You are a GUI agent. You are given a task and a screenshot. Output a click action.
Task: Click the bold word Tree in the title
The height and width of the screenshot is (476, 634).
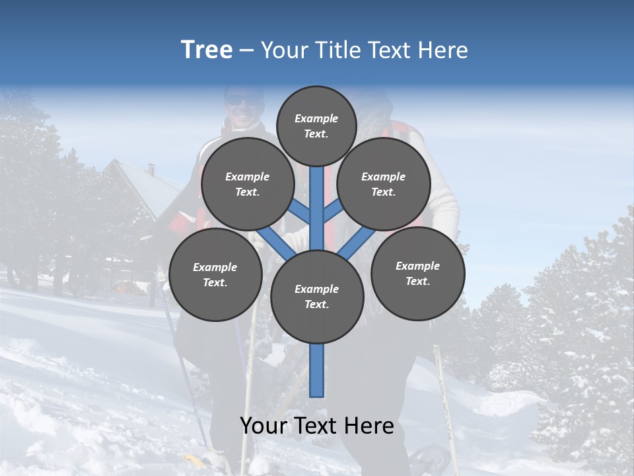[207, 50]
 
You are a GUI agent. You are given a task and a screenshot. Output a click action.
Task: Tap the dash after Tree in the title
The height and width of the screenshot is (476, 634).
[246, 51]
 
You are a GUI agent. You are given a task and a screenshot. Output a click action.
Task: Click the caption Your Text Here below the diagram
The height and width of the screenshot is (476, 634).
[317, 426]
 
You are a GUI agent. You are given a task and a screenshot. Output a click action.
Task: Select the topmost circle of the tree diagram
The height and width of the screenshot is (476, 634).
[316, 126]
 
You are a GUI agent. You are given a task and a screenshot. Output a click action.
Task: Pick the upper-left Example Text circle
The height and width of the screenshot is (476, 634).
[247, 184]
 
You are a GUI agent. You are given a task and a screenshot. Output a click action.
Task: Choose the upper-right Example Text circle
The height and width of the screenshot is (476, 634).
[384, 184]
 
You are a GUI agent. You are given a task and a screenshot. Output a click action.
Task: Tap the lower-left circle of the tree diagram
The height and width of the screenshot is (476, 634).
[215, 274]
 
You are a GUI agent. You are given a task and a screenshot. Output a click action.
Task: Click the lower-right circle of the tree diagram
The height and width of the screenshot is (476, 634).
[417, 273]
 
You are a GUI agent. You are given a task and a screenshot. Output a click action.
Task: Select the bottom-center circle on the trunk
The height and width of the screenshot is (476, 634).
[317, 297]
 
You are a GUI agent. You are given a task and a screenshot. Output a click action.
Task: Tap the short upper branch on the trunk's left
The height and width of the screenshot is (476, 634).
[300, 213]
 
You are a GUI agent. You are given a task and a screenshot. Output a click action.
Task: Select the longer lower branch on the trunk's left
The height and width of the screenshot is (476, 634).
[274, 241]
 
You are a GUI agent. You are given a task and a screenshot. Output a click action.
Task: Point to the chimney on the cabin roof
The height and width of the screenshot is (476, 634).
[151, 169]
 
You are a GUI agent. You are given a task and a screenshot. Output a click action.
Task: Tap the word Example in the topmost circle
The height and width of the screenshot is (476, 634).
[316, 118]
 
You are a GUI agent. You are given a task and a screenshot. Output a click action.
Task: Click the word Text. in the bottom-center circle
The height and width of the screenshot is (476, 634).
[316, 305]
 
